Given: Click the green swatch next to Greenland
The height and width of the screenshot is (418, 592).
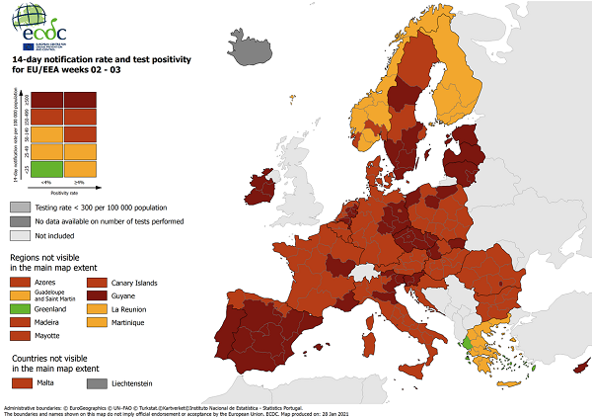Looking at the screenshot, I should coord(20,308).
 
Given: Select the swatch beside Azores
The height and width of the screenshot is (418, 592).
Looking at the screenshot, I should coord(20,281).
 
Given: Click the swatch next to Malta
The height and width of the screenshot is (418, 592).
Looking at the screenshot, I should coord(20,380).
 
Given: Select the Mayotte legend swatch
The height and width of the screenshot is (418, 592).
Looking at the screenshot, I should coord(20,336).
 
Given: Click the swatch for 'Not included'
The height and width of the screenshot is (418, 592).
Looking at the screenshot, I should coord(20,235).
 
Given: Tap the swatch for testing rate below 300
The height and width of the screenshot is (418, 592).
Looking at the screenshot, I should coord(20,208).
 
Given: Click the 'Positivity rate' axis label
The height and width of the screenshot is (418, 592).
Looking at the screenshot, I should coord(65,192).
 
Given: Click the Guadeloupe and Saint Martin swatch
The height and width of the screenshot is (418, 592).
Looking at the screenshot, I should coord(20,294).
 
